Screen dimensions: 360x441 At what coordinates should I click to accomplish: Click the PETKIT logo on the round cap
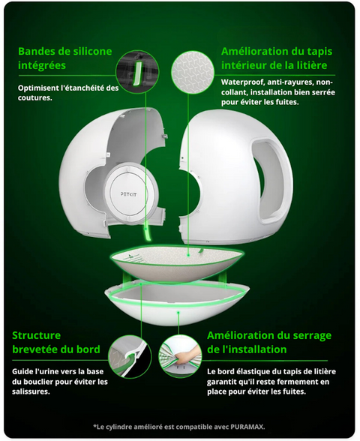pos(128,194)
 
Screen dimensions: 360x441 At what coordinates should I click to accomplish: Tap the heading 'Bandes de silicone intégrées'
pos(65,58)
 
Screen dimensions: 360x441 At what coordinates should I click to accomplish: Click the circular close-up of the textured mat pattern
pos(193,72)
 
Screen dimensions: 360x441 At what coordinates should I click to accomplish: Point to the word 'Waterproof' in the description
pos(241,82)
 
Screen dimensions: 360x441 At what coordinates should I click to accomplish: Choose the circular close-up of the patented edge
pos(130,356)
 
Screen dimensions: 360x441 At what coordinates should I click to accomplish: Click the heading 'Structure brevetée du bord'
pos(56,342)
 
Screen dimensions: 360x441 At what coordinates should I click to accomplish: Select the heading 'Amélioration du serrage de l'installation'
pos(269,342)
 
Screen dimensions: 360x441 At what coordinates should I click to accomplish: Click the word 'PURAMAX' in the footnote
pos(247,427)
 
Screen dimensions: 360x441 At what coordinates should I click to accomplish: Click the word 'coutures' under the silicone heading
pos(34,97)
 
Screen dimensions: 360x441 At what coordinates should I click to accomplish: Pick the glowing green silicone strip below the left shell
pos(146,229)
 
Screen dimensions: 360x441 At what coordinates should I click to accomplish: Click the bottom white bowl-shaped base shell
pos(177,303)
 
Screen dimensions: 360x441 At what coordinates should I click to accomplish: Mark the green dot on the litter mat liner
pos(188,255)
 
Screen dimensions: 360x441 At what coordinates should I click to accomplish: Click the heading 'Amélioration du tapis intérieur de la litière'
pos(277,58)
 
